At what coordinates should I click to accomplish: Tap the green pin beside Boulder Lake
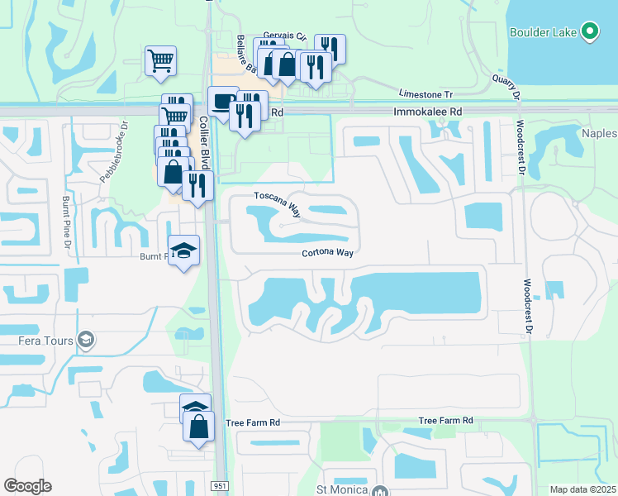click(x=589, y=31)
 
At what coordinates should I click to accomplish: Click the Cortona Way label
click(x=327, y=253)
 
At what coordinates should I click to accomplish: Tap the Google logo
click(x=28, y=486)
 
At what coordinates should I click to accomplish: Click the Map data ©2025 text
click(x=582, y=489)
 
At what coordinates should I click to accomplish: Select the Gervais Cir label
click(x=284, y=37)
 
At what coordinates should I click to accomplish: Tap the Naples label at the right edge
click(x=599, y=133)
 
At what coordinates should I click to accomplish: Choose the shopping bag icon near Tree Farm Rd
click(x=198, y=427)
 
